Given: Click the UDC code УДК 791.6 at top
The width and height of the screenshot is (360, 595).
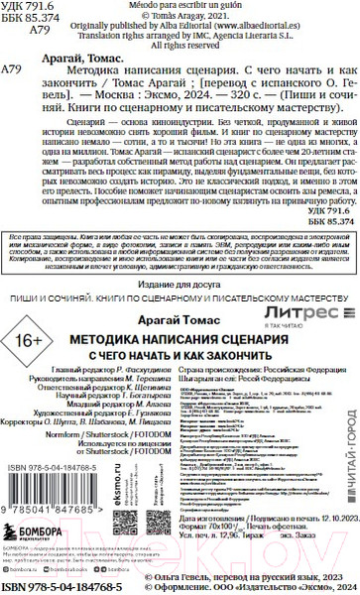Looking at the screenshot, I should pyautogui.click(x=30, y=7).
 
